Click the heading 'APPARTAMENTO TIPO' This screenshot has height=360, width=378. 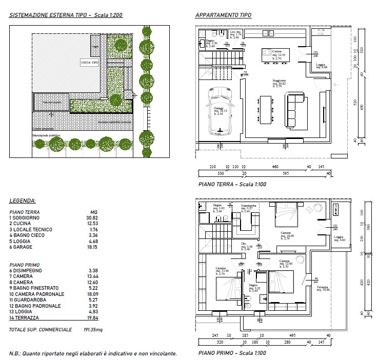pos(223,15)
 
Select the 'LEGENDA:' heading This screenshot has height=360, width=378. pos(23,201)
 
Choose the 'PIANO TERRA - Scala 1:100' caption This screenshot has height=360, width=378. pos(232,184)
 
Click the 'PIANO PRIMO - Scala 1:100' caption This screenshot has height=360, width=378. pos(232,353)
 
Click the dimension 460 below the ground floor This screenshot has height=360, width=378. pos(275,167)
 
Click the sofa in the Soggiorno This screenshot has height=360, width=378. pos(294,109)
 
